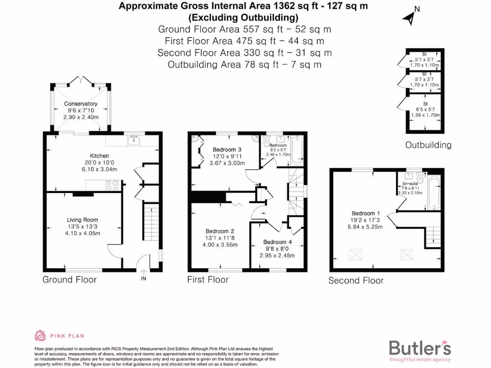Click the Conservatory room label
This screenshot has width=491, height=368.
tap(81, 103)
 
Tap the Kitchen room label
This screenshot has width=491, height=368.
tap(100, 156)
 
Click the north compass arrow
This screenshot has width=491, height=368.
tap(409, 17)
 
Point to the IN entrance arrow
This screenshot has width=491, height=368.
tap(143, 273)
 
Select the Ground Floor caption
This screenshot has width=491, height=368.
tap(70, 279)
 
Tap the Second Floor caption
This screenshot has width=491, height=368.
tap(356, 280)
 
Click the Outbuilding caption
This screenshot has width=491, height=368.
tap(428, 145)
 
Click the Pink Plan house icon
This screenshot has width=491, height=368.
tap(39, 335)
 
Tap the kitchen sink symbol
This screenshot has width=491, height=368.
tap(132, 140)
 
